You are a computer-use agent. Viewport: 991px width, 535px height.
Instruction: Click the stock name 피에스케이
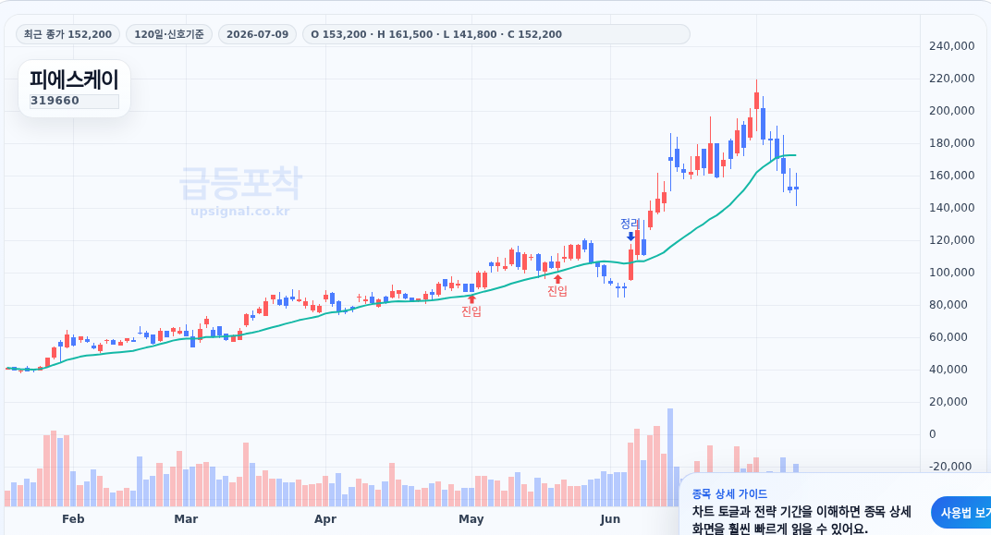[x=74, y=80]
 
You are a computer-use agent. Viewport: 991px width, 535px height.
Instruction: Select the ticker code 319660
[x=55, y=101]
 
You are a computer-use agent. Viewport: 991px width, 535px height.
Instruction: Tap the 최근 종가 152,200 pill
[x=67, y=34]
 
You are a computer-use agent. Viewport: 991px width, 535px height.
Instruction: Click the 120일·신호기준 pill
[x=169, y=34]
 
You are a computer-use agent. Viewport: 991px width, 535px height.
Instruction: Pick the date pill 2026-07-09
[x=257, y=34]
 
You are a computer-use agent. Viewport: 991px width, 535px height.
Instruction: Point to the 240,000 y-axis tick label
[x=952, y=45]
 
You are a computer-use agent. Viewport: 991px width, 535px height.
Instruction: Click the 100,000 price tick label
[x=952, y=273]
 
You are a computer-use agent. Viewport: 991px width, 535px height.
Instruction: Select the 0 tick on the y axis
[x=932, y=434]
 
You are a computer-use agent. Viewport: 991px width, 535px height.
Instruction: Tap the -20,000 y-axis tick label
[x=949, y=466]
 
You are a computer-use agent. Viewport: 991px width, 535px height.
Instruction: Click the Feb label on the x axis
[x=73, y=519]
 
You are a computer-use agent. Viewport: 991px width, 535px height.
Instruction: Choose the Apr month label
[x=325, y=519]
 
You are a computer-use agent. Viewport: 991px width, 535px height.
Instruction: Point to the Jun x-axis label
[x=610, y=519]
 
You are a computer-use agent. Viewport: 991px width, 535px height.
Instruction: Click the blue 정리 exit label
[x=630, y=224]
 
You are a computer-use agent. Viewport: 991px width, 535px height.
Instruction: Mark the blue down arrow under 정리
[x=630, y=237]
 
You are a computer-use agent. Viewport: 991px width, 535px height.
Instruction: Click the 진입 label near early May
[x=471, y=310]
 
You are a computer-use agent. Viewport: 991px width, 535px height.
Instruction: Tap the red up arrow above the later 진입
[x=557, y=279]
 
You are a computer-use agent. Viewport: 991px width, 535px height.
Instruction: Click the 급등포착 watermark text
[x=240, y=183]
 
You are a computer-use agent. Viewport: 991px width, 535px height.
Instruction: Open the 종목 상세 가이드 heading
[x=729, y=494]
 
